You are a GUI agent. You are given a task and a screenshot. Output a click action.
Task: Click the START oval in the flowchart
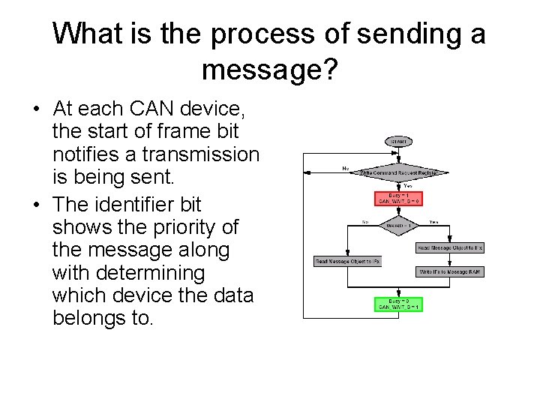click(x=398, y=142)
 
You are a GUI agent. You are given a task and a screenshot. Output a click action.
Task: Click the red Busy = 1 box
click(x=398, y=198)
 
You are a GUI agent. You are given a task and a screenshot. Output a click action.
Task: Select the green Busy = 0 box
click(x=398, y=304)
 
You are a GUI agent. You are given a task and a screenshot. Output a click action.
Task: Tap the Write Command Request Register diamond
click(x=398, y=172)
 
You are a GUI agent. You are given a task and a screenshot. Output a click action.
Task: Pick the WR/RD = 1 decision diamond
click(x=398, y=224)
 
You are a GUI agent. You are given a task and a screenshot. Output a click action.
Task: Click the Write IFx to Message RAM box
click(x=450, y=271)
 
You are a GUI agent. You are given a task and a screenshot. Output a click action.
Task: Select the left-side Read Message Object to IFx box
click(x=347, y=261)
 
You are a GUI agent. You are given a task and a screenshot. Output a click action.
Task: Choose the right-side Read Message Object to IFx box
click(x=450, y=247)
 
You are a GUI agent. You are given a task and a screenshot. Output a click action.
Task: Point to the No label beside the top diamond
click(x=345, y=168)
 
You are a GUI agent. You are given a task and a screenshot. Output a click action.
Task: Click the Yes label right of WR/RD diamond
click(x=433, y=221)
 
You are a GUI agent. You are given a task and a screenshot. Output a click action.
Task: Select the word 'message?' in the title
click(x=270, y=70)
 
